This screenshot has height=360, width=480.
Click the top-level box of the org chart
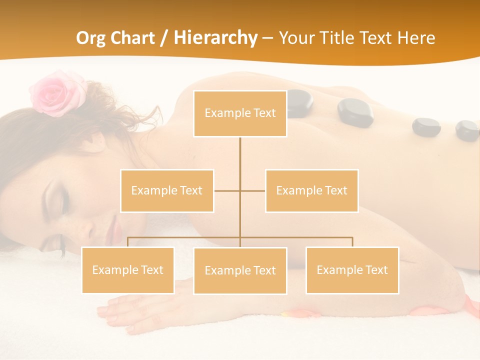(240, 113)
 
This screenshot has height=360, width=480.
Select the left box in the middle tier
(167, 190)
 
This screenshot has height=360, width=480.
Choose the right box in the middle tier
(311, 190)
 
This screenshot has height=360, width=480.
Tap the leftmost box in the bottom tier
(128, 270)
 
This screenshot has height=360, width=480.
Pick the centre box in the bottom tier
(240, 270)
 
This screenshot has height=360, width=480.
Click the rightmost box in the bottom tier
(352, 270)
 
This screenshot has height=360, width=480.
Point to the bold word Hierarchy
(215, 38)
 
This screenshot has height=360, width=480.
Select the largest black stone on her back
(355, 111)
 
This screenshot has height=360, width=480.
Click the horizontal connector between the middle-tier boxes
(240, 190)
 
